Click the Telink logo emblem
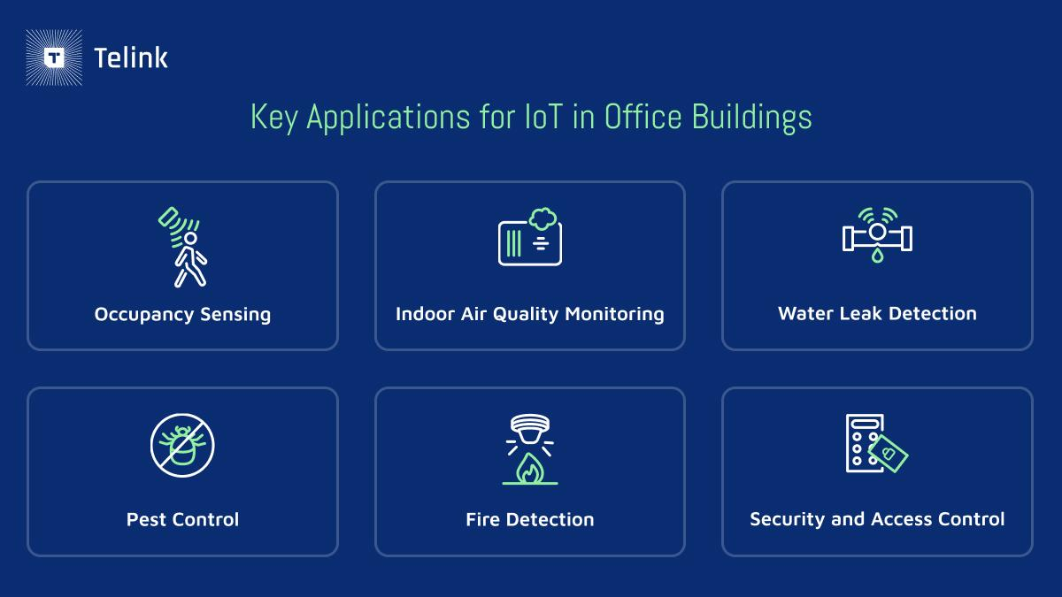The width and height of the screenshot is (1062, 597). tap(54, 57)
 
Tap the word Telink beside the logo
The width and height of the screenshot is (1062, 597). tap(131, 58)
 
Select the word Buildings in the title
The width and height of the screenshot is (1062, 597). tap(751, 118)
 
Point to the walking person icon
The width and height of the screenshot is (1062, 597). tap(190, 259)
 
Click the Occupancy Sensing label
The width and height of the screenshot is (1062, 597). tap(182, 315)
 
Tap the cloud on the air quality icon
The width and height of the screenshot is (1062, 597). tap(543, 218)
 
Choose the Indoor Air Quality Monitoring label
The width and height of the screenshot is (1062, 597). tap(530, 314)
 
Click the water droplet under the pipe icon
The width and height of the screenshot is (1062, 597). tap(878, 255)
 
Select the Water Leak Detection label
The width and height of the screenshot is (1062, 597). tap(878, 314)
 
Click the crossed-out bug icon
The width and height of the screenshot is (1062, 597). tap(182, 446)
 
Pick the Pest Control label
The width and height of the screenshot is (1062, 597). tap(182, 520)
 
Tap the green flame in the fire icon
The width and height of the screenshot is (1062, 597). tap(530, 468)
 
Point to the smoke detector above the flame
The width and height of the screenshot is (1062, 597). tap(530, 429)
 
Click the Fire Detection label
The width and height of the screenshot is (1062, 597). tap(530, 520)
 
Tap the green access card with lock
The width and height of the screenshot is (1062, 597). tap(888, 454)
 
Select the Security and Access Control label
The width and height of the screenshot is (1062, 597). tap(878, 519)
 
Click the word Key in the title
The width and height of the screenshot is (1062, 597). tap(274, 118)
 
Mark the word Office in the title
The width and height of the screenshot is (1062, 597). tap(643, 117)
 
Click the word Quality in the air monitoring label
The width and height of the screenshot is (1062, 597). tap(526, 314)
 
